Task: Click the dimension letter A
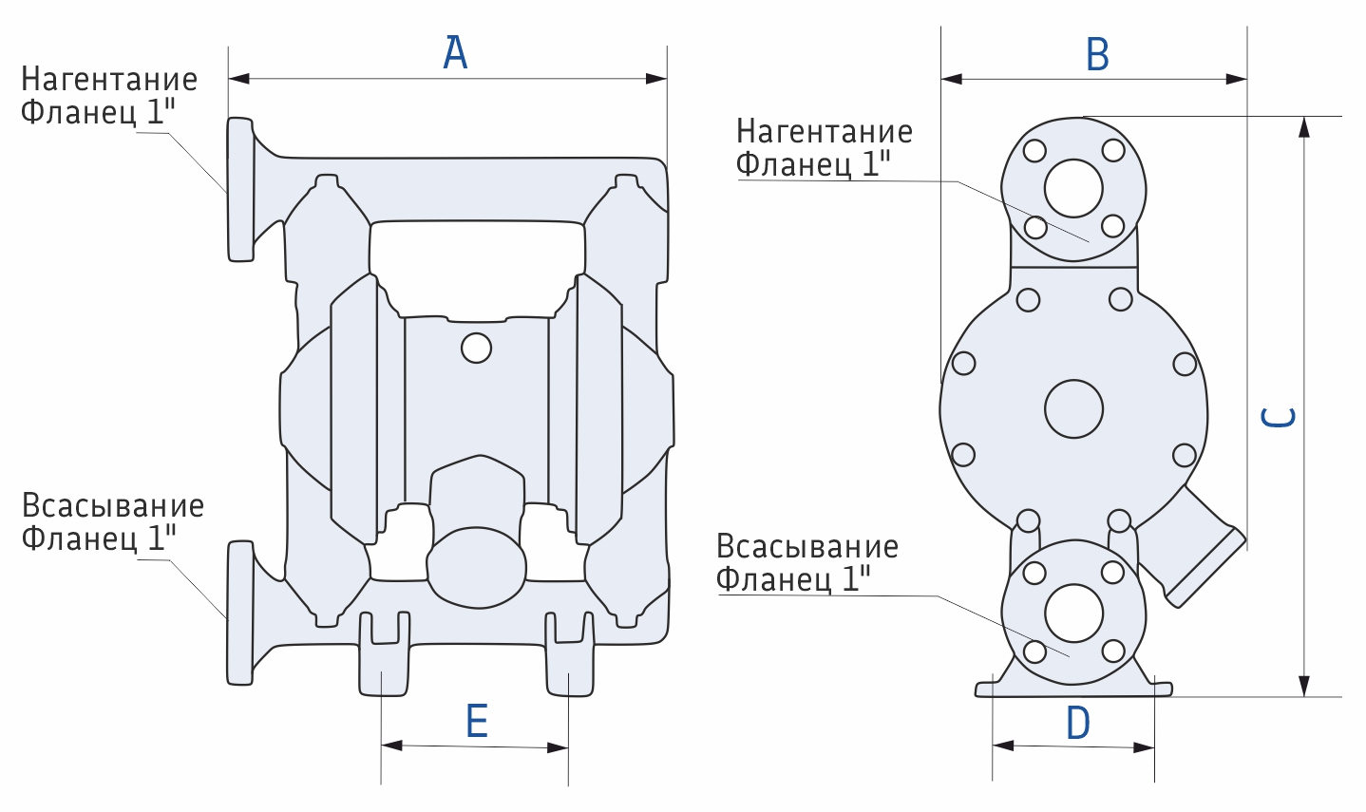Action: [x=455, y=52]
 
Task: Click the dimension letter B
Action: [x=1098, y=54]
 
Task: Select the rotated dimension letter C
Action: [x=1279, y=418]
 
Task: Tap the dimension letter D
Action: [x=1078, y=723]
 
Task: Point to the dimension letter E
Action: [x=477, y=721]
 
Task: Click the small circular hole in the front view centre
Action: [x=476, y=349]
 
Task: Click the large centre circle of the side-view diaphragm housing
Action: [x=1073, y=409]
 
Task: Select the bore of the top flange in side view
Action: [x=1073, y=188]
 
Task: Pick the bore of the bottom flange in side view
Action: [x=1073, y=614]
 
